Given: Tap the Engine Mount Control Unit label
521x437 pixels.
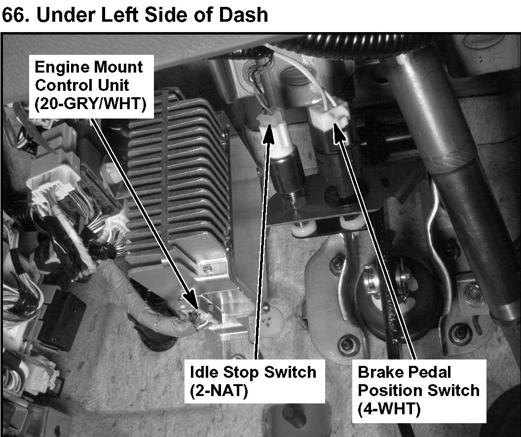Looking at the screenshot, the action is coord(89,85).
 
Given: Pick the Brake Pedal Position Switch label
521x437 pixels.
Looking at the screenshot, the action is coord(418,390).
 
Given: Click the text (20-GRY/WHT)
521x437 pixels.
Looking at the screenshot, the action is coord(90,104).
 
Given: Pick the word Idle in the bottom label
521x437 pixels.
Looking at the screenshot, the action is coord(202,371).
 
